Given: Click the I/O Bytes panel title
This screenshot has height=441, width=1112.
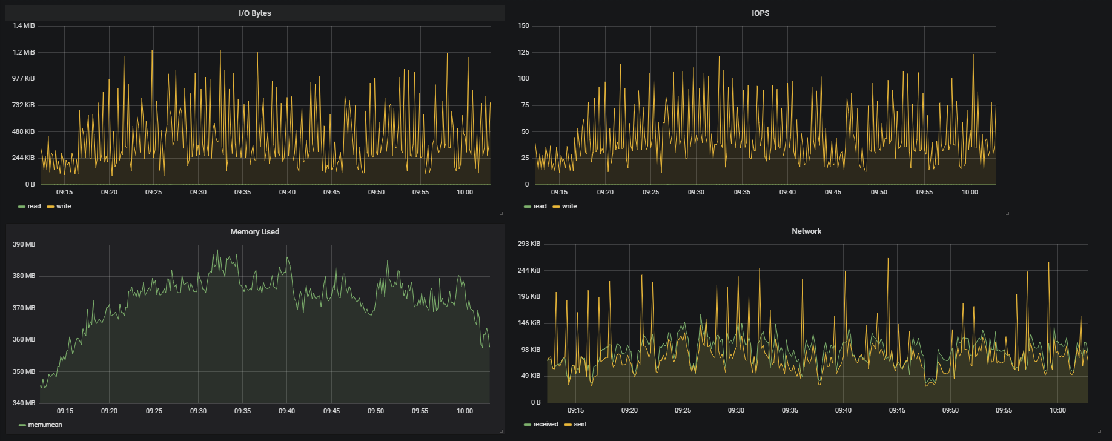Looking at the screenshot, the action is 254,13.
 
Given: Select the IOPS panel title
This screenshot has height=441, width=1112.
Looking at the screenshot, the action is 760,13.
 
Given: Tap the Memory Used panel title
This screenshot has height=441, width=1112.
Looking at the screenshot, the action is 254,232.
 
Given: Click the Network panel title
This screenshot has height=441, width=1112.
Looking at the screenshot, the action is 806,231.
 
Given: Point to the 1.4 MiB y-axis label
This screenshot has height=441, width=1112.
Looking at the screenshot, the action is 24,26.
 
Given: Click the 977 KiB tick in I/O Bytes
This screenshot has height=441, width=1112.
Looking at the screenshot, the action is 24,79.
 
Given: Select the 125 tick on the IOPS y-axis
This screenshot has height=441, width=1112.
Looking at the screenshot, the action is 523,53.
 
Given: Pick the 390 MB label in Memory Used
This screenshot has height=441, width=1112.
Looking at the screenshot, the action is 24,245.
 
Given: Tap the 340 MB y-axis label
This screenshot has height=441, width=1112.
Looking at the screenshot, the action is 24,403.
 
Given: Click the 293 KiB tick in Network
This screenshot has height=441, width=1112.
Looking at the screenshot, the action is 529,244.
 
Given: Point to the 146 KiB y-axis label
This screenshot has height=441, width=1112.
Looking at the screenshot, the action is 529,323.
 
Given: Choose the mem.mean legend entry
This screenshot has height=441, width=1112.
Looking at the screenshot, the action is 41,425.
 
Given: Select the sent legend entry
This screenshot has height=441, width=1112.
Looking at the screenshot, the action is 576,425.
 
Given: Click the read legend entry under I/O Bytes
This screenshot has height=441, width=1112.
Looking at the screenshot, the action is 30,207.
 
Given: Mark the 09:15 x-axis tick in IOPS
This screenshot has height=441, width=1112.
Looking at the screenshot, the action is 559,193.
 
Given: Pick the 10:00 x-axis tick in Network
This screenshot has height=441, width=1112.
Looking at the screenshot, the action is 1057,411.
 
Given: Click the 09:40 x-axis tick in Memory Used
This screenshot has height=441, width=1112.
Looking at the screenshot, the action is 286,411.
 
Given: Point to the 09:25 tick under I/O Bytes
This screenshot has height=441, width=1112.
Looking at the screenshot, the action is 153,193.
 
